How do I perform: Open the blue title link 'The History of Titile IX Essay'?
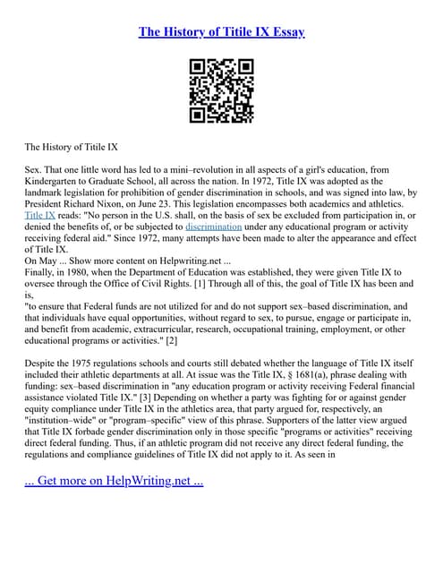(221, 32)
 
